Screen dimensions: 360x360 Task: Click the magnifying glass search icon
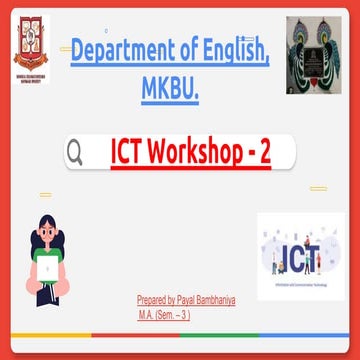pyautogui.click(x=74, y=152)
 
